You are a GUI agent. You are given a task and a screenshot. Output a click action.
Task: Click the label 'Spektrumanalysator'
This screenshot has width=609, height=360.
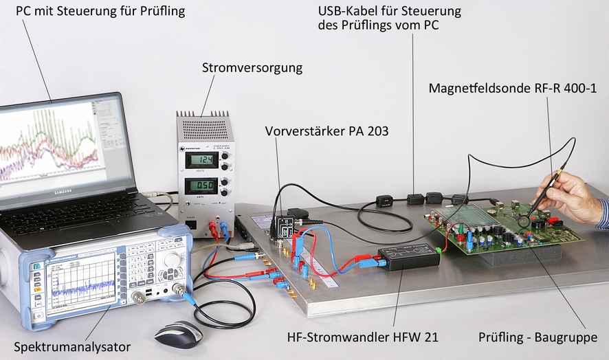pos(71,346)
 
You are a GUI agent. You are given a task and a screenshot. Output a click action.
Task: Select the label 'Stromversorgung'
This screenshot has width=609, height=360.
pos(252,68)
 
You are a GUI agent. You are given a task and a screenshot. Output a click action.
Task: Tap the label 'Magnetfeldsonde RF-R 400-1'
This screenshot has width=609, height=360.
pos(513,89)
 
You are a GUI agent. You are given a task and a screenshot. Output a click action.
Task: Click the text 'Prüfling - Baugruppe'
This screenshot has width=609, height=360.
pos(533,337)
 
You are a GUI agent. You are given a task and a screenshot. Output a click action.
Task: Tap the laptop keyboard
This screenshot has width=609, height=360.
pos(82,214)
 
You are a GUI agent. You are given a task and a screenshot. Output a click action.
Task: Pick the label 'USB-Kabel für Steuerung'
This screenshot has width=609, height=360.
pos(389,11)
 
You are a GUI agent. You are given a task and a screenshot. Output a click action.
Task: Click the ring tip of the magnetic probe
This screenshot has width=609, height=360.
pos(526,221)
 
